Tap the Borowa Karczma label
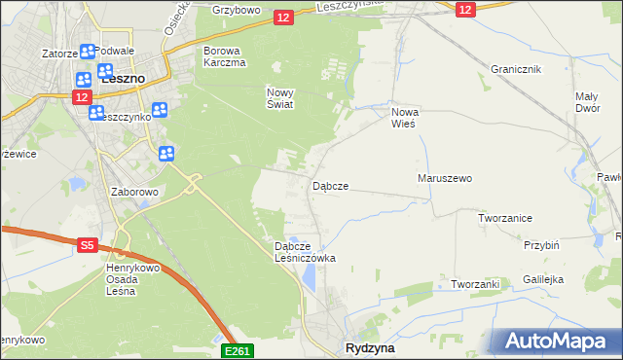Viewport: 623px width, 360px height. pyautogui.click(x=222, y=56)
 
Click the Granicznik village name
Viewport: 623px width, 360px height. pyautogui.click(x=516, y=70)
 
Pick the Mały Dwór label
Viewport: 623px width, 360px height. pyautogui.click(x=586, y=102)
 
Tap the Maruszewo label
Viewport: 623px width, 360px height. pyautogui.click(x=445, y=179)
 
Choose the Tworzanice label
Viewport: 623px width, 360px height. pyautogui.click(x=505, y=219)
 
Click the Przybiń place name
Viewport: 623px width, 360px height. pyautogui.click(x=541, y=246)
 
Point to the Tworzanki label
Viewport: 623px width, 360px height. pyautogui.click(x=475, y=284)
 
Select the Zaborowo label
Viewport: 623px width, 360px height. pyautogui.click(x=135, y=193)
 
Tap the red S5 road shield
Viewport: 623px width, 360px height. pyautogui.click(x=87, y=247)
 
